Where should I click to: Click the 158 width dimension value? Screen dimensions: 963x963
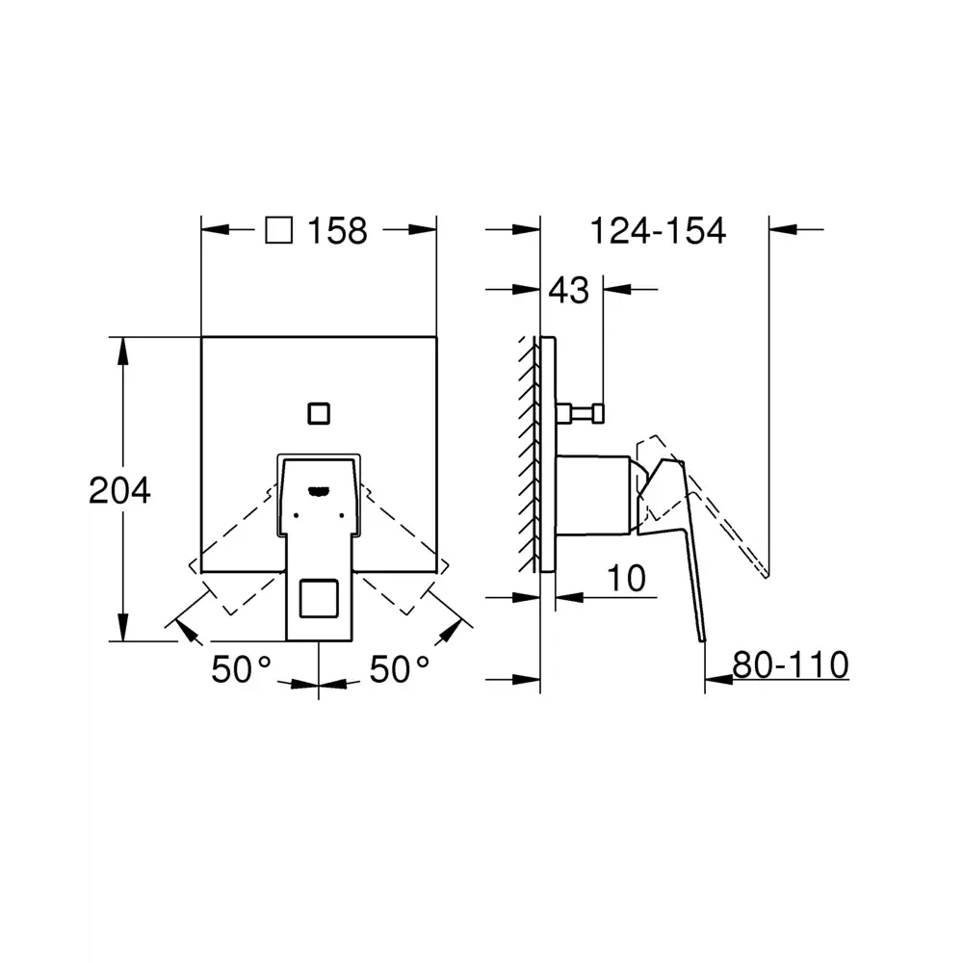pos(337,231)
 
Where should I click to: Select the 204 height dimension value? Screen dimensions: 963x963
pos(119,491)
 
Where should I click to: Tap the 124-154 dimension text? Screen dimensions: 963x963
pos(658,231)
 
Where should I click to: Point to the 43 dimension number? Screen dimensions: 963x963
pos(569,290)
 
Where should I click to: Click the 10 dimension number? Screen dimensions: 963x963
pos(627,578)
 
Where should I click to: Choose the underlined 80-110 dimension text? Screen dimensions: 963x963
pos(791,664)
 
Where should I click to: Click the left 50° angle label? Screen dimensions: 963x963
pos(241,669)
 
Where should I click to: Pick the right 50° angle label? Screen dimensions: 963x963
pos(400,669)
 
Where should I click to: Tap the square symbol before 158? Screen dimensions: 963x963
pos(279,230)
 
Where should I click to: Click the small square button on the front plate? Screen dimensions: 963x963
pos(319,414)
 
